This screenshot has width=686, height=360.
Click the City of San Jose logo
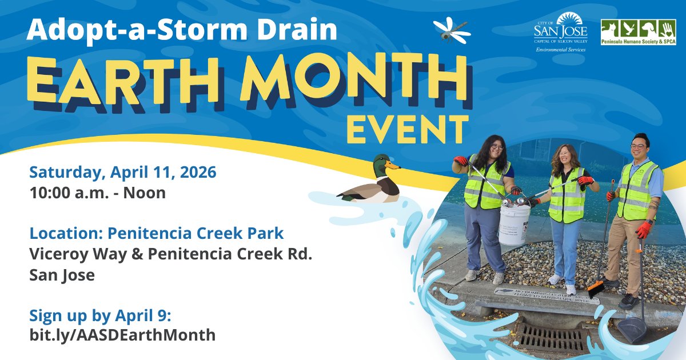560,31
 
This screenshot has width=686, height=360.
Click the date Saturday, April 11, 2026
123,172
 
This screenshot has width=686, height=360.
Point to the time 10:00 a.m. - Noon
98,193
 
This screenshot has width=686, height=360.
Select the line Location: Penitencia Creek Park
157,234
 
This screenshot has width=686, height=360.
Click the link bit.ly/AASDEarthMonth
122,335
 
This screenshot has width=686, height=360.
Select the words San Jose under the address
62,275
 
